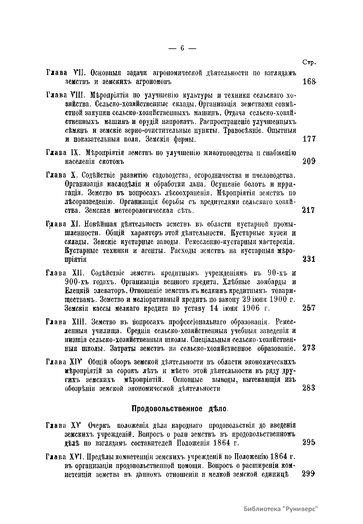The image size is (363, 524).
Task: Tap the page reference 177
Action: tap(309, 139)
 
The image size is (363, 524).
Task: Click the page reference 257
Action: tap(309, 308)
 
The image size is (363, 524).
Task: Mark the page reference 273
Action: tap(309, 348)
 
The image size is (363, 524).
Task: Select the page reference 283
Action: tap(309, 388)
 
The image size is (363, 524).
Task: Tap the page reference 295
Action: tap(309, 443)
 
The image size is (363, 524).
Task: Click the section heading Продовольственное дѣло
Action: tap(180, 409)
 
